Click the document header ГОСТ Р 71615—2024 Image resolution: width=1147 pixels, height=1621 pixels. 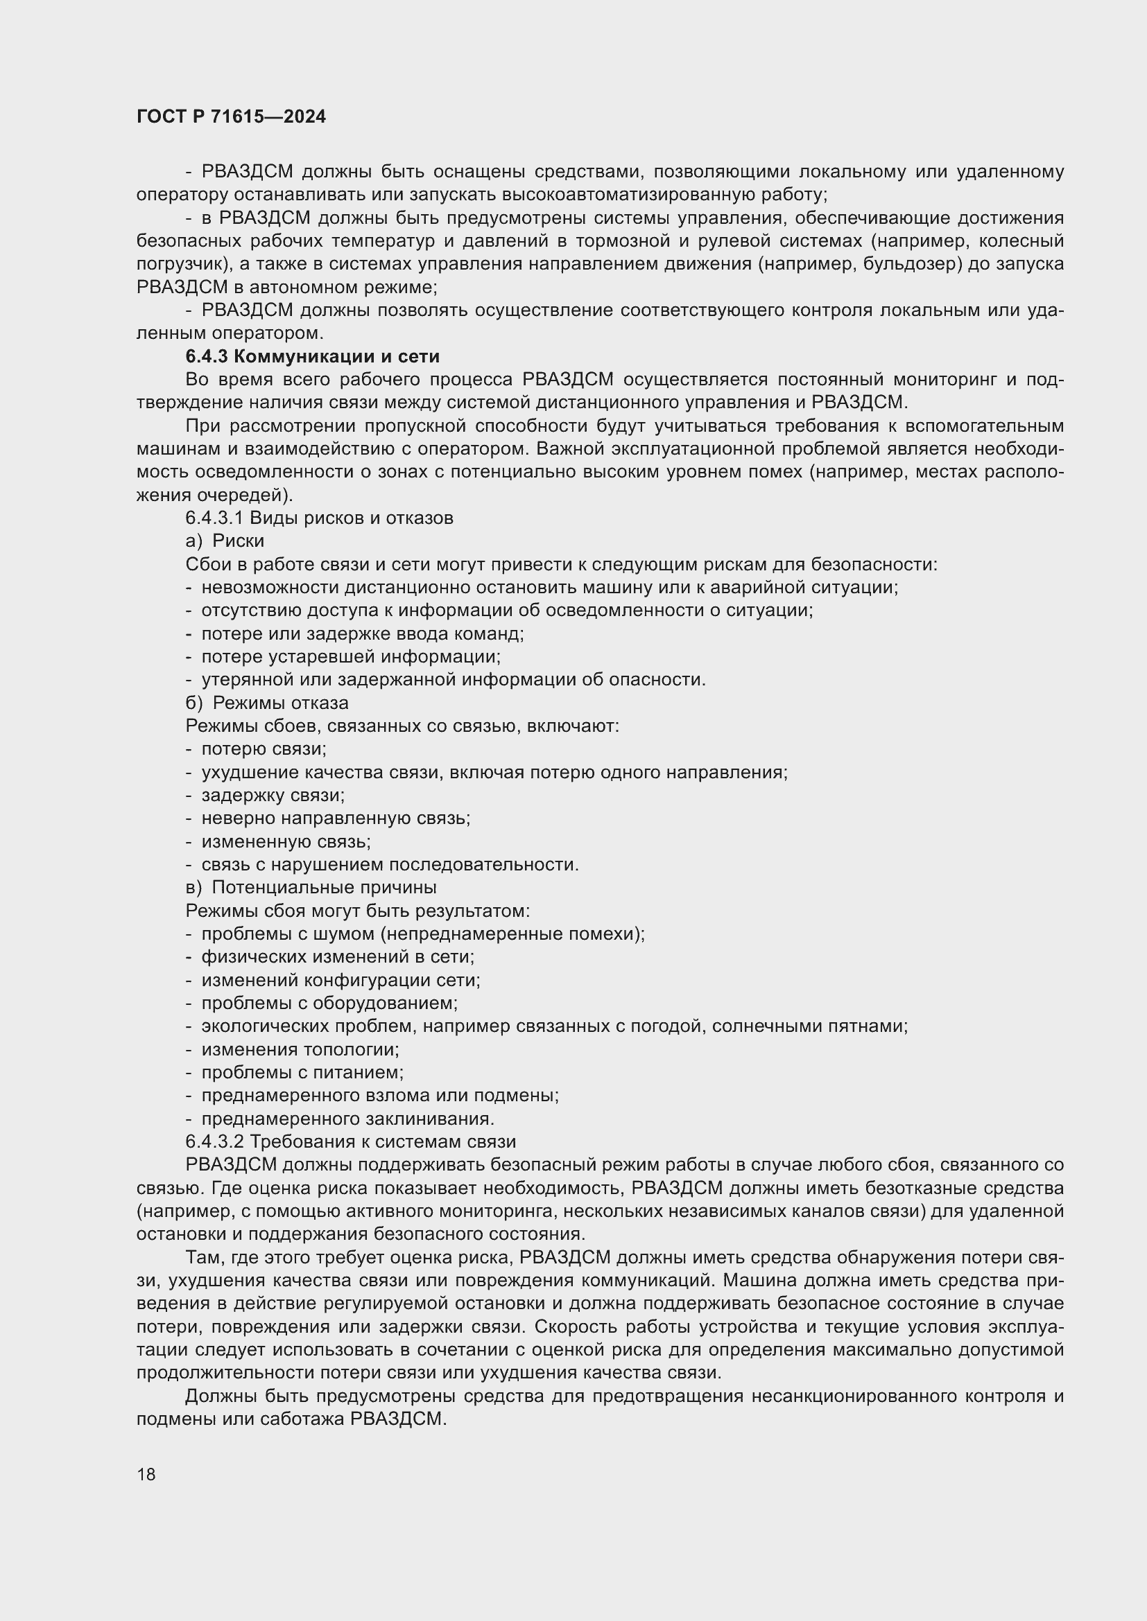tap(231, 117)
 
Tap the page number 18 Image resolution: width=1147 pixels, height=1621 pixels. tap(146, 1474)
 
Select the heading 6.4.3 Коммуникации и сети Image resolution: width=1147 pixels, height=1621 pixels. tap(312, 356)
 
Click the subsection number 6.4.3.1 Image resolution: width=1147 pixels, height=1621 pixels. tap(214, 518)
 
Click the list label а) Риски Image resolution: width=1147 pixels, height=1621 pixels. tap(225, 541)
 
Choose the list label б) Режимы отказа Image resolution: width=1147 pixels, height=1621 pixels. tap(267, 703)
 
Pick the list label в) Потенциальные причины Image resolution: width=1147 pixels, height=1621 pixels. tap(311, 888)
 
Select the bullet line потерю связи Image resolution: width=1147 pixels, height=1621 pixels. tap(264, 749)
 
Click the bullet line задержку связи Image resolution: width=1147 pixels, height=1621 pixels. tap(273, 796)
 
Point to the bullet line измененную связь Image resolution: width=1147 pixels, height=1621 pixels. tap(286, 841)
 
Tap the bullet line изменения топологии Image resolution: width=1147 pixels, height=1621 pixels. tap(300, 1050)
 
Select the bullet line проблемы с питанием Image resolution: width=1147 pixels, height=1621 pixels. tap(302, 1073)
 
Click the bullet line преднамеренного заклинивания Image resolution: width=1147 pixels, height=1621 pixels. tap(347, 1119)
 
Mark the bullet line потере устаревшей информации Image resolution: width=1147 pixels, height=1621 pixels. tap(350, 656)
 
